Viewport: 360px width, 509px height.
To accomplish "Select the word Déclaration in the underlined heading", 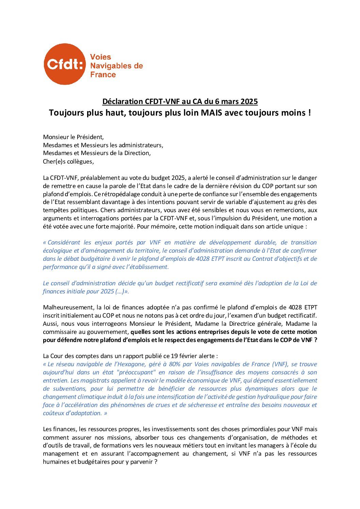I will pyautogui.click(x=123, y=101).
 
